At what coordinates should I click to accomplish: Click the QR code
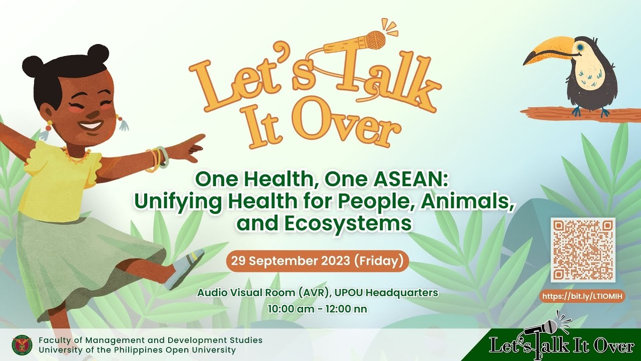coord(583,250)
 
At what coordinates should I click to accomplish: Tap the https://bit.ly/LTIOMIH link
coord(582,296)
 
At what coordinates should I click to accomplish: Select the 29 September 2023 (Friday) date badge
coord(317,261)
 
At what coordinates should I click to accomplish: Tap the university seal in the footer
coord(22,345)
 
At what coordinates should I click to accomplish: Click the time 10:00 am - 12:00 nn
coord(317,309)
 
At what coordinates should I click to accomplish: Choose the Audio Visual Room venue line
coord(317,293)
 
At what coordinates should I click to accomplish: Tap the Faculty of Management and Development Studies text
coord(151,340)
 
